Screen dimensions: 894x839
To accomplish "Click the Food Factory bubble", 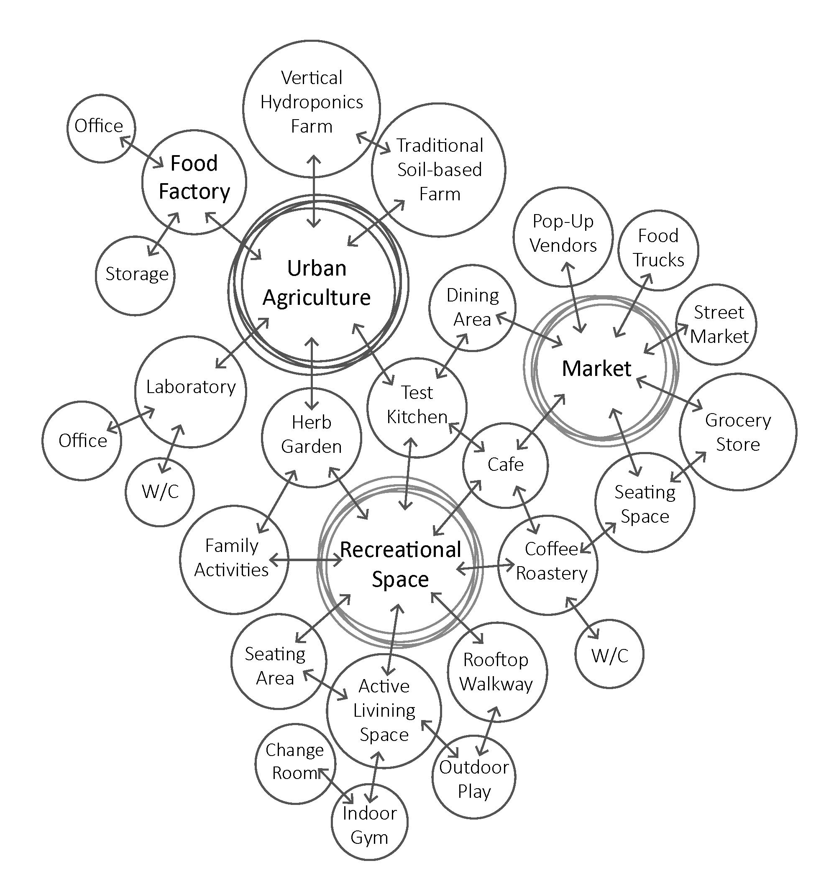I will [x=194, y=182].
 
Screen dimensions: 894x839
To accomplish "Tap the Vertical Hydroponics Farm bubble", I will [x=311, y=108].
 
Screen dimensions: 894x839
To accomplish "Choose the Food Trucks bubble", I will [x=658, y=250].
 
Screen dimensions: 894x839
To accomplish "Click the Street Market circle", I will [x=716, y=324].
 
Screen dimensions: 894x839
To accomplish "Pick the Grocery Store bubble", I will [x=738, y=432].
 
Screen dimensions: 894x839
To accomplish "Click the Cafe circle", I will [x=505, y=465].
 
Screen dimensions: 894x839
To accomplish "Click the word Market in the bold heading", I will [x=596, y=369].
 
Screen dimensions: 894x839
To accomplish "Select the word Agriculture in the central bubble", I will [x=317, y=298].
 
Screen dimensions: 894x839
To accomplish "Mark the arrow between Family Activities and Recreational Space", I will [x=306, y=560].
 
